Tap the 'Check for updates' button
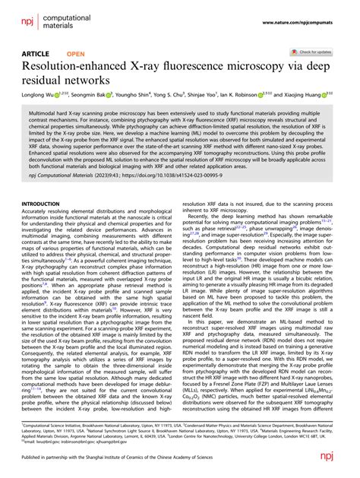tap(314, 53)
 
